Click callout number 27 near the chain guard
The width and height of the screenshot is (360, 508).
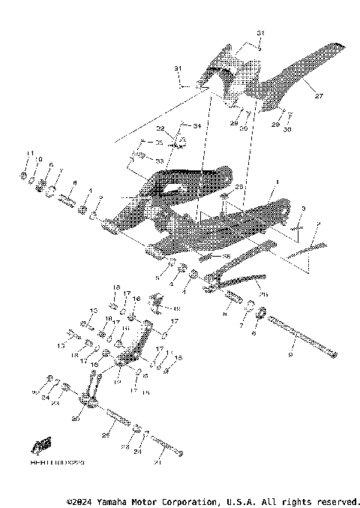tap(318, 97)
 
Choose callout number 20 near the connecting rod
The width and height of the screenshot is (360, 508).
tap(75, 419)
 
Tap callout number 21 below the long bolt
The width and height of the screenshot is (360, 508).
tap(157, 462)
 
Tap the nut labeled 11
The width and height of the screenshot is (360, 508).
tap(25, 176)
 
